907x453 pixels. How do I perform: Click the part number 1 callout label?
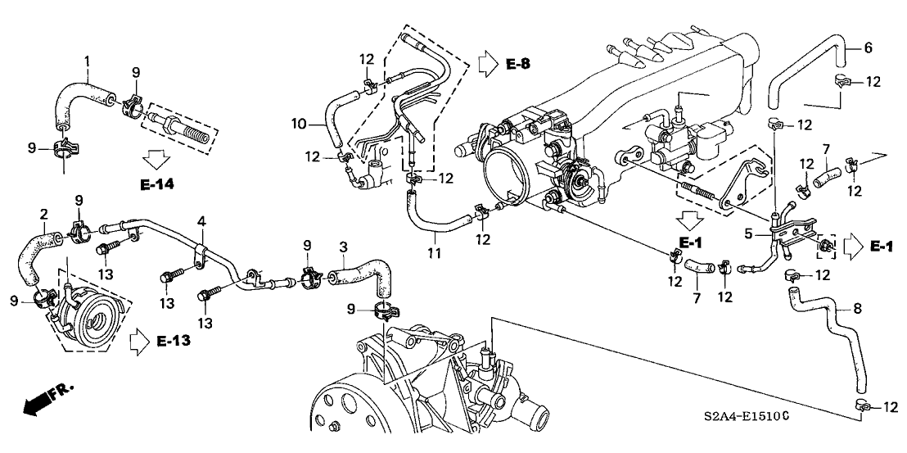click(88, 60)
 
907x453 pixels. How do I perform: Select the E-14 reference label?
click(156, 184)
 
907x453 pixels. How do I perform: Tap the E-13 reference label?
click(174, 342)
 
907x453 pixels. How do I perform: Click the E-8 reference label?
click(517, 64)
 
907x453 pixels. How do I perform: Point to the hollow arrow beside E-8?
click(488, 64)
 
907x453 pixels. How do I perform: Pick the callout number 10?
click(298, 123)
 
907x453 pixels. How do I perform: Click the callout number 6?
click(867, 48)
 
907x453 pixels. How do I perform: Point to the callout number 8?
click(858, 309)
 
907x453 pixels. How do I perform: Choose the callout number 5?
click(748, 234)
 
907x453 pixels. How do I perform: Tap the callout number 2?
click(44, 215)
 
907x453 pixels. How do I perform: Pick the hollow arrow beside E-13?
click(139, 342)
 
